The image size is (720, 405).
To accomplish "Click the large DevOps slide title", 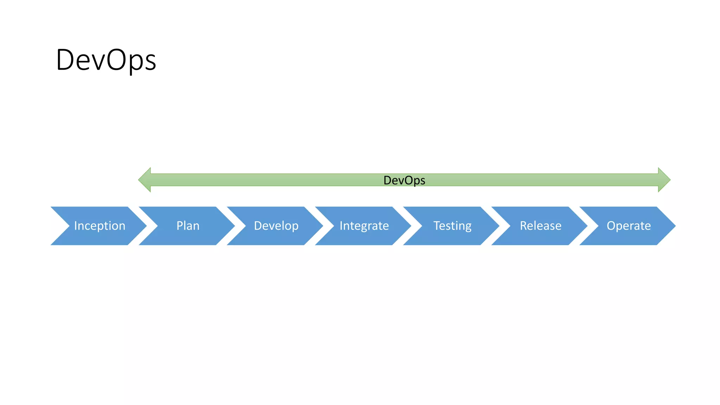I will [106, 60].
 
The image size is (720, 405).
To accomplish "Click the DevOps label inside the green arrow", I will [404, 180].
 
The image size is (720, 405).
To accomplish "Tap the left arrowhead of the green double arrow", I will [144, 180].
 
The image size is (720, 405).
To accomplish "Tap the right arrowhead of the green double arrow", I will [664, 180].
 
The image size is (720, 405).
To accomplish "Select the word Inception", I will [99, 226].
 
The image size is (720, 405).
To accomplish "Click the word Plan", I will [188, 226].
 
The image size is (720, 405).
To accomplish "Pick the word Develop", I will [276, 226].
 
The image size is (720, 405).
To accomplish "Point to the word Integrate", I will [364, 226].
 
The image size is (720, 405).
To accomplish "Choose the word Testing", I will [452, 226].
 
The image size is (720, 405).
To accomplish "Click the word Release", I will [540, 226].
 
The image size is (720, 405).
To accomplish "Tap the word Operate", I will [629, 226].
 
